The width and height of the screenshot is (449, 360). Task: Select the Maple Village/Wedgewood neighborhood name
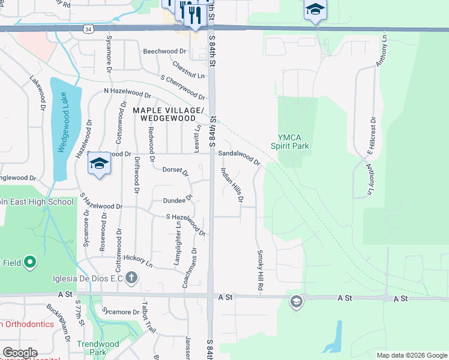coord(169,114)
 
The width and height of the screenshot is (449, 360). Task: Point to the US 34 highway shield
coord(88,28)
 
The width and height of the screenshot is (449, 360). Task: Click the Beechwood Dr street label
coord(166,52)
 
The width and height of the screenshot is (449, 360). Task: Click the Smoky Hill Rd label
coord(261,271)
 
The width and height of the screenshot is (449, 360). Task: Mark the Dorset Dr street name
coord(176,172)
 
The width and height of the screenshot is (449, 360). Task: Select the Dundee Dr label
coord(178,199)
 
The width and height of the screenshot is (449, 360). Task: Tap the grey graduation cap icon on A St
coord(296,301)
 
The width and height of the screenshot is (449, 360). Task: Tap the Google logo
coord(20,353)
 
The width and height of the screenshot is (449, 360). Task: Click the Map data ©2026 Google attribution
coord(412,355)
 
